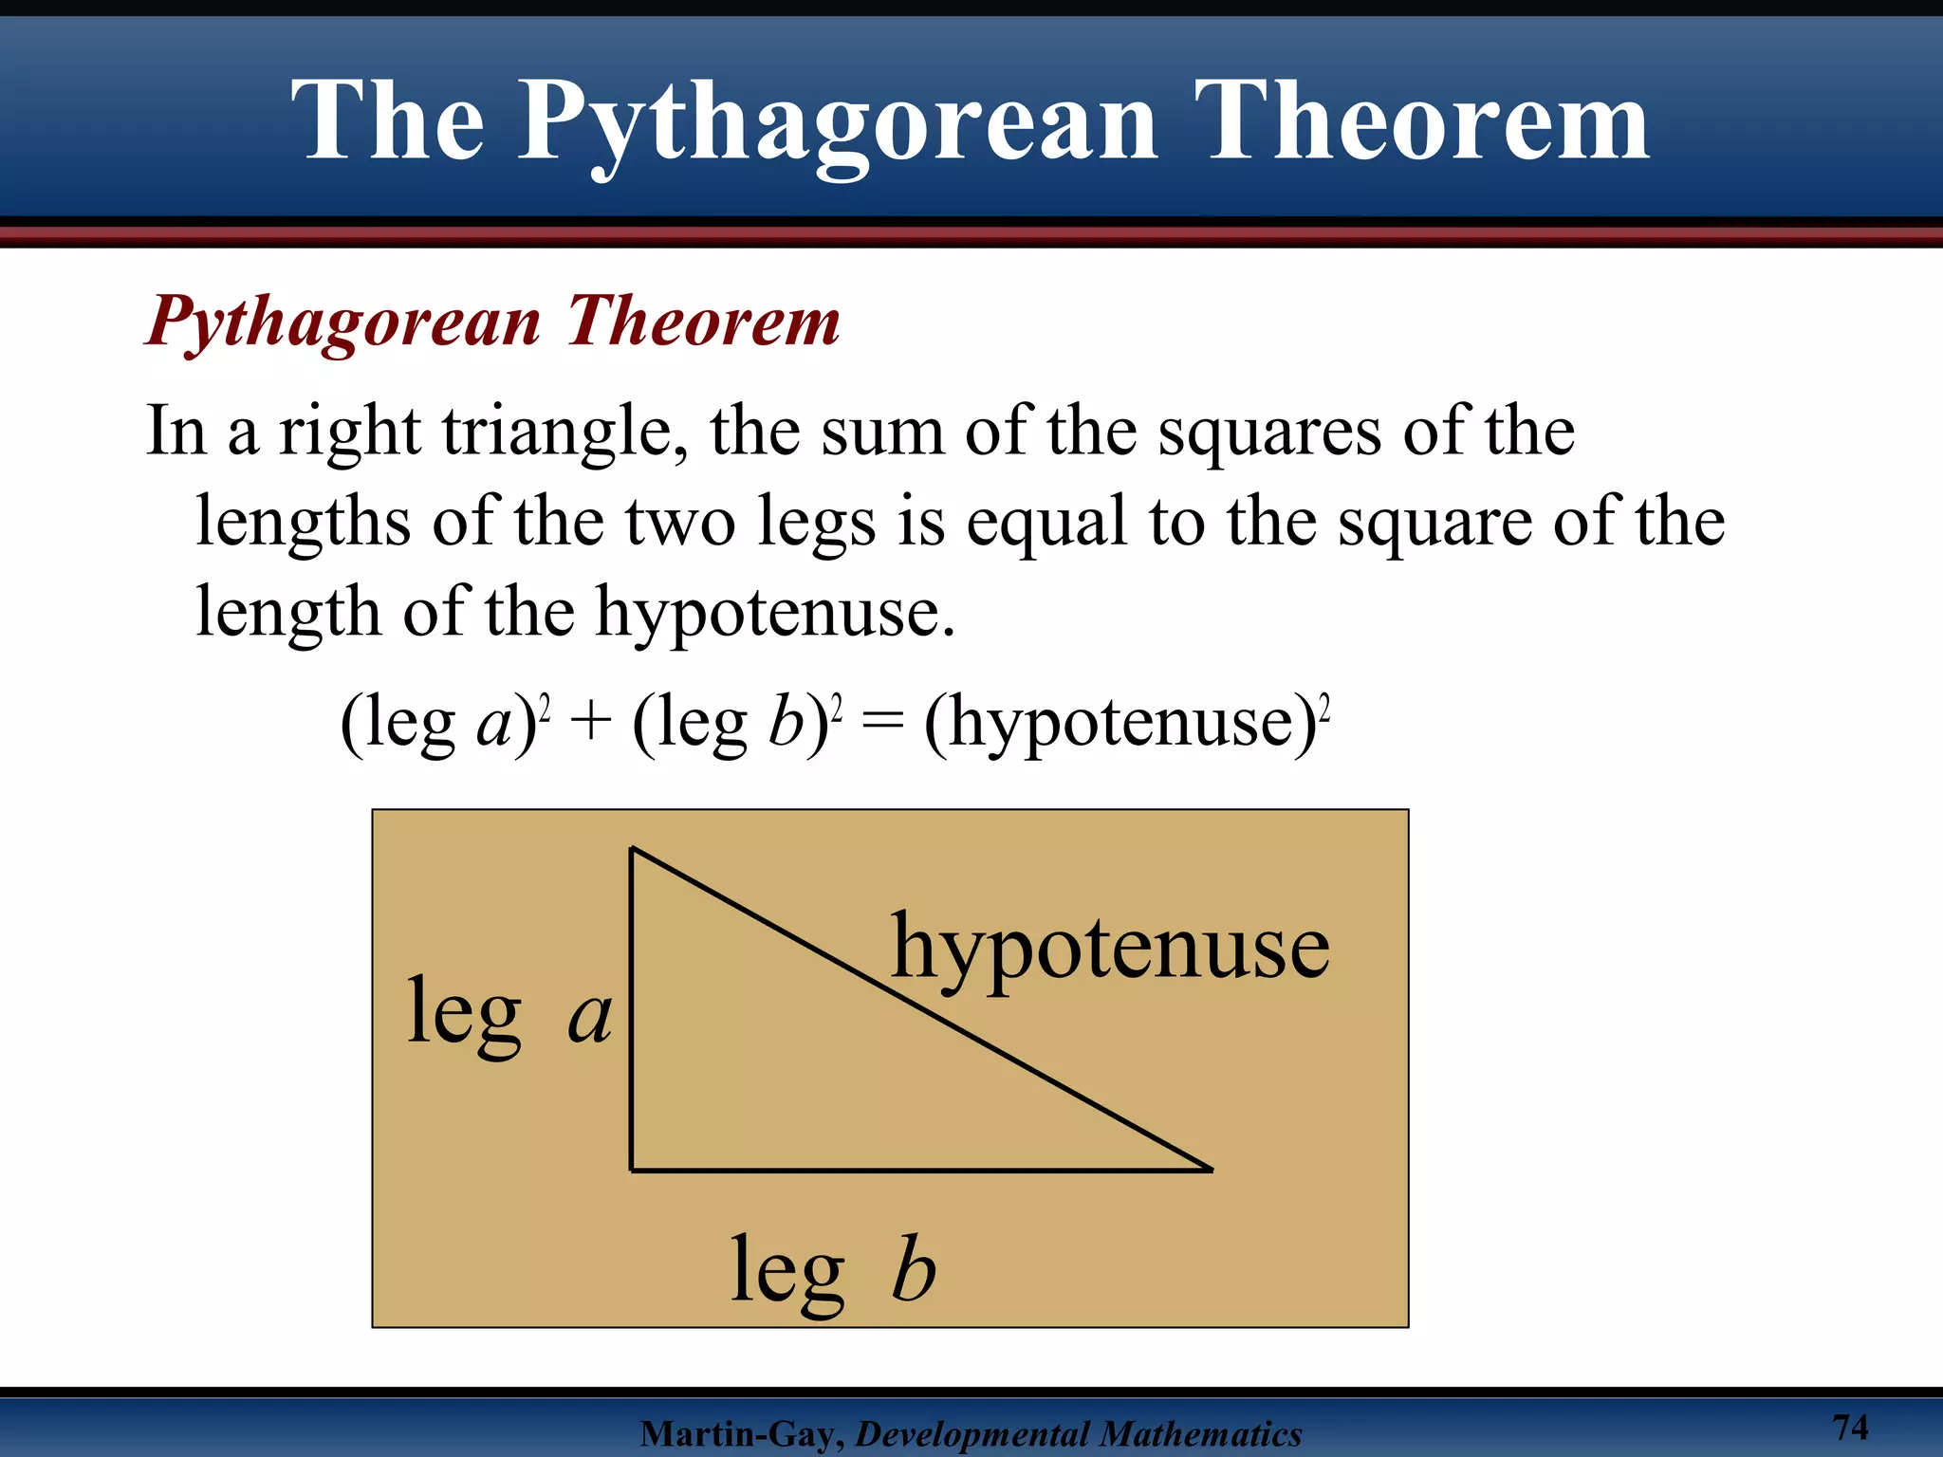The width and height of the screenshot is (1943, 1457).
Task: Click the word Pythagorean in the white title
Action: (x=837, y=123)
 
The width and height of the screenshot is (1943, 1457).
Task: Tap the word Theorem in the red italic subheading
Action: (x=703, y=322)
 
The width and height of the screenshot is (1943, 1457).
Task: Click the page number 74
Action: (x=1850, y=1427)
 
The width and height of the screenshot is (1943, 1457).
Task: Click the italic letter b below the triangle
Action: (x=914, y=1269)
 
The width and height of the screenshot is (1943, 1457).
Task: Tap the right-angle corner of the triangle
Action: (x=632, y=1170)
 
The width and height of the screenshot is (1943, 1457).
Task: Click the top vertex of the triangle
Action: (x=633, y=850)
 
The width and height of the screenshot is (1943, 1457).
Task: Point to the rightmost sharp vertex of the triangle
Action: (x=1211, y=1170)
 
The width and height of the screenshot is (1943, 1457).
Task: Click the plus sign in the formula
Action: (x=591, y=723)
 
